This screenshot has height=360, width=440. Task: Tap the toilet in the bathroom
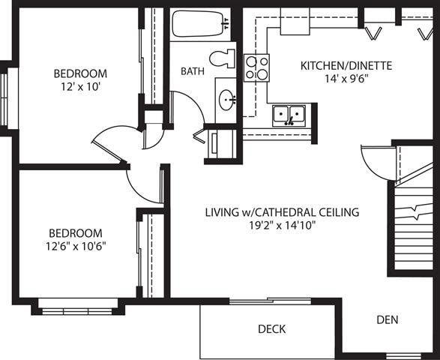[x=223, y=59]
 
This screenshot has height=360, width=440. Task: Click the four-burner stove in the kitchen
[x=257, y=67]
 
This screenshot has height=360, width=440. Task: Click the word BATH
[x=193, y=71]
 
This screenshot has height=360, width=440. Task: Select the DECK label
[x=271, y=329]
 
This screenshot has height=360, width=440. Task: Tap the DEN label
[x=387, y=319]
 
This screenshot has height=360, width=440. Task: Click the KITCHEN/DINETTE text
[x=346, y=65]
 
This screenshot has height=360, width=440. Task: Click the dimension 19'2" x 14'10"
[x=282, y=225]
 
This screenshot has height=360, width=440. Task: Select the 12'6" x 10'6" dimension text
[x=76, y=246]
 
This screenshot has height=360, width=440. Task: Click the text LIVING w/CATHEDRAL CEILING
[x=282, y=212]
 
